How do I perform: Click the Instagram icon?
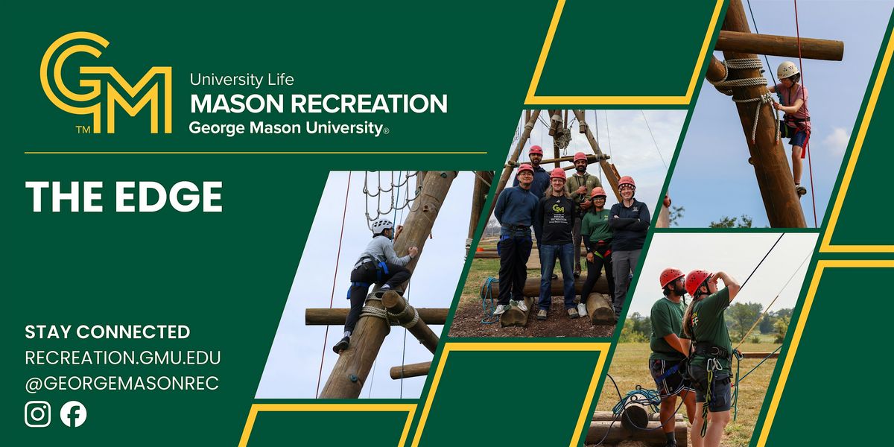37,414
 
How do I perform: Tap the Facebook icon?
74,414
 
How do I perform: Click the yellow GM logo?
106,83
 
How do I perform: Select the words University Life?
242,80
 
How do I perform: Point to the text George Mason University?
286,128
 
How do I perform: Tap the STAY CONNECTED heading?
107,332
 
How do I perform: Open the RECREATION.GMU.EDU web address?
122,358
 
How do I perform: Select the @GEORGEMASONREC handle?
121,383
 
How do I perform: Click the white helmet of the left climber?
382,226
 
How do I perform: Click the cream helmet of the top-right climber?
787,70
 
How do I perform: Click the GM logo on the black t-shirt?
558,209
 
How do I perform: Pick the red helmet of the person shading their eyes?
697,281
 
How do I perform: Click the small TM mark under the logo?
83,130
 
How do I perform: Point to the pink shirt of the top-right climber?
796,102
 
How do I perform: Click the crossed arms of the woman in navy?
629,223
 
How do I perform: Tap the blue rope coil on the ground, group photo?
489,299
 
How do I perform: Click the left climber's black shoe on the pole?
341,345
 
